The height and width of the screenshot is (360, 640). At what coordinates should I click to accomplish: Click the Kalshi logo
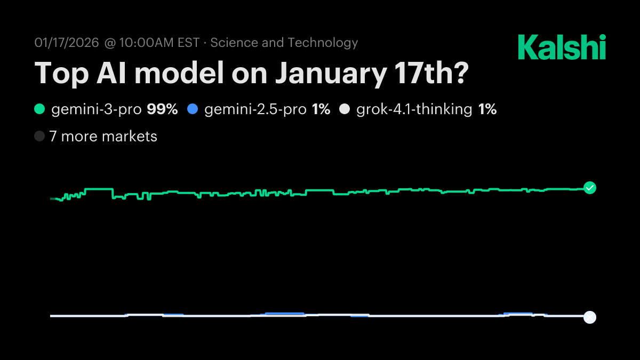(562, 47)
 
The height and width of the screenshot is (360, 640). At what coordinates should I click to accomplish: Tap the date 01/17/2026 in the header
(67, 43)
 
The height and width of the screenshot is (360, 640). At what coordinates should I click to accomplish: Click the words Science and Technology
(284, 43)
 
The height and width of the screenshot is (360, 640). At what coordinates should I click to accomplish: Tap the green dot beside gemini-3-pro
(39, 110)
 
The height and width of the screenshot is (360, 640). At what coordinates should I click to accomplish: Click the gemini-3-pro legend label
(97, 110)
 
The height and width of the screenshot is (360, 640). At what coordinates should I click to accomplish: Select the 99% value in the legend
(162, 110)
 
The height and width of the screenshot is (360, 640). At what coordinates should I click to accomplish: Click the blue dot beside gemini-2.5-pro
(193, 110)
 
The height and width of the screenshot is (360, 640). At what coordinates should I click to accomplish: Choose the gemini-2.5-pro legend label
(255, 110)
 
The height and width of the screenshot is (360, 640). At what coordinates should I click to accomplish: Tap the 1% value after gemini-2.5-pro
(321, 110)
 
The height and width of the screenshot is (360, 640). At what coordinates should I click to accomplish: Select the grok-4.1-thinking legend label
(414, 110)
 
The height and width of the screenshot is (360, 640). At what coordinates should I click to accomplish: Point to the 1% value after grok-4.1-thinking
(487, 110)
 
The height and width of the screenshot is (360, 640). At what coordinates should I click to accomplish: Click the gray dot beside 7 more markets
(39, 137)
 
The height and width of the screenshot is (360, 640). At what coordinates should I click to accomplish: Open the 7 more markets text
(103, 137)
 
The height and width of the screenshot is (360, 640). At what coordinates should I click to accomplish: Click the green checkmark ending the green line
(589, 188)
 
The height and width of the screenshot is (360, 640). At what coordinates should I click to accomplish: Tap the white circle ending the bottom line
(589, 317)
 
